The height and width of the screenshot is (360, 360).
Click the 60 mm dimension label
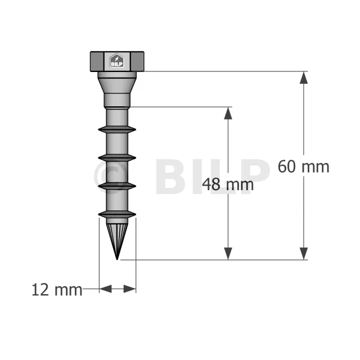303,166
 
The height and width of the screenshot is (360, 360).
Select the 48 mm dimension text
228,184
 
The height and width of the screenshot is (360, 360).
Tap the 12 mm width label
57,290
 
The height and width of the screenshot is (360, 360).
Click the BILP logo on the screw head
117,61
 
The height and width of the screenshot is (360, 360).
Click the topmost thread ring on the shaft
117,129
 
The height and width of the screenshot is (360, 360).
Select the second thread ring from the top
117,157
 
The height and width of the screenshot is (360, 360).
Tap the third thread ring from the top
117,186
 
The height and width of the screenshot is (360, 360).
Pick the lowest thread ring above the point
117,214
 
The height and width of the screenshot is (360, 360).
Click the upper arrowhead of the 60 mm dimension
304,78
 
